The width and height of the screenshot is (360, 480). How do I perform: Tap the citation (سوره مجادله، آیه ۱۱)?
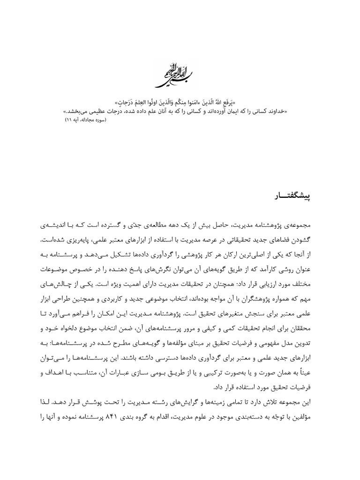coord(86,120)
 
